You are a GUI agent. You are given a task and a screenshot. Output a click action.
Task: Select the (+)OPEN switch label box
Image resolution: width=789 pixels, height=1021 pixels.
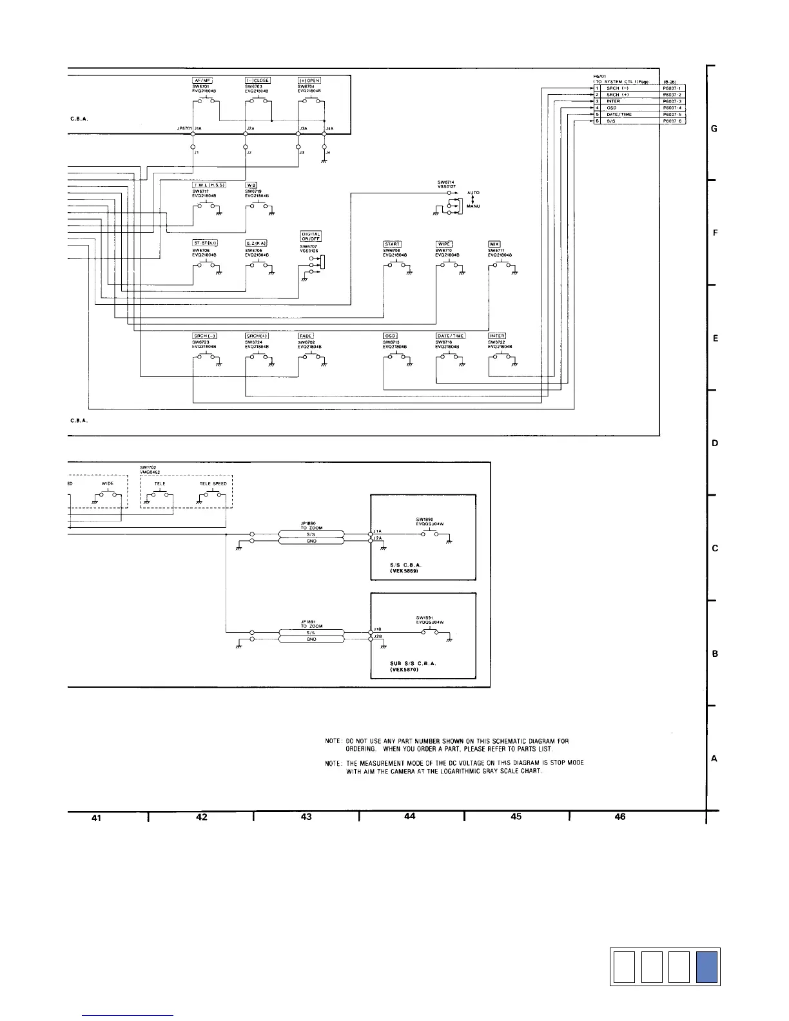click(x=309, y=81)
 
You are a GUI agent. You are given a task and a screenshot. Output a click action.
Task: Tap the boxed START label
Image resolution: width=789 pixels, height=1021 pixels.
click(x=393, y=244)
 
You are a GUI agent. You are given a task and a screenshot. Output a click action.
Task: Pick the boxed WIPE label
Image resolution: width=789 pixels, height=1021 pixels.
click(x=445, y=244)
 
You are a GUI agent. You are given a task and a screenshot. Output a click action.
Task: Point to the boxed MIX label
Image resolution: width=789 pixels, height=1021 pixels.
click(x=495, y=244)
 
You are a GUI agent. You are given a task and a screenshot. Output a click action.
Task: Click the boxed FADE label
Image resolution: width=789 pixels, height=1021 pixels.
click(x=306, y=336)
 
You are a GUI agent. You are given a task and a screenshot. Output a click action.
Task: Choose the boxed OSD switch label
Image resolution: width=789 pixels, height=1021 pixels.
click(x=390, y=336)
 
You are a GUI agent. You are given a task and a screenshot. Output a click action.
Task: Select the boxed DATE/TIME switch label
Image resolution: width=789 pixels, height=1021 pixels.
click(x=451, y=336)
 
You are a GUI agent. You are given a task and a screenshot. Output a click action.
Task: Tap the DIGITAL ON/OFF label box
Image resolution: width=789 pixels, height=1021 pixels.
click(x=311, y=237)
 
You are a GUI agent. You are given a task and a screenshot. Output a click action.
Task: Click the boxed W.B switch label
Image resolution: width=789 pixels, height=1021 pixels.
click(x=253, y=185)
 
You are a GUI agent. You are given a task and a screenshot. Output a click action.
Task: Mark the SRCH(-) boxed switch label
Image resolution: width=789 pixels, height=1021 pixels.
click(x=205, y=336)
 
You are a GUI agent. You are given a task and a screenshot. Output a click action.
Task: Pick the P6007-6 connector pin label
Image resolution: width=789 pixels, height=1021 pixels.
click(x=674, y=121)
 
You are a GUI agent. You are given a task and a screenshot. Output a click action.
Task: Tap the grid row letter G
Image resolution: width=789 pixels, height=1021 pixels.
click(x=714, y=129)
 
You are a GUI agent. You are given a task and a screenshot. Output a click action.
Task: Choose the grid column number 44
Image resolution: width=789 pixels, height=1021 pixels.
click(x=409, y=817)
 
